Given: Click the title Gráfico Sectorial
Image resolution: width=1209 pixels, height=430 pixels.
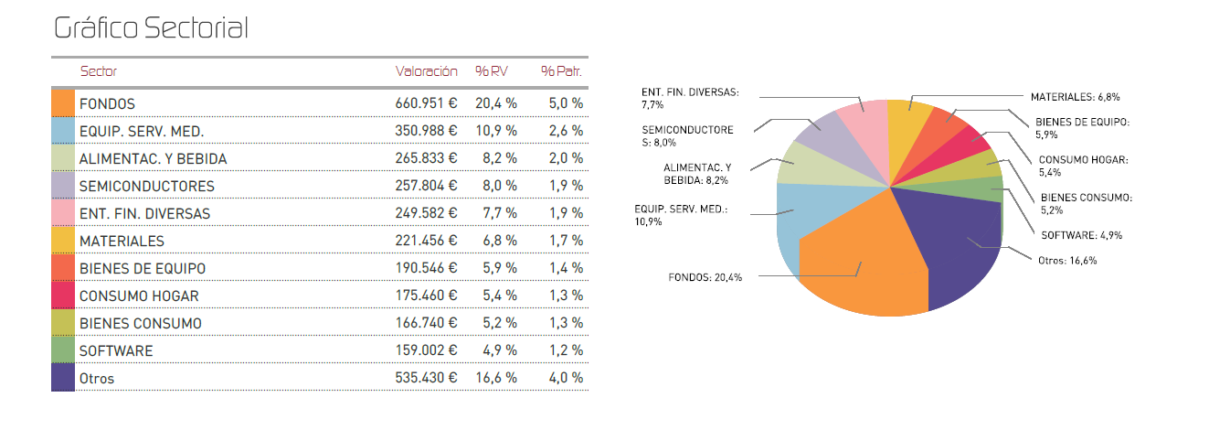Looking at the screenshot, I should (x=151, y=28).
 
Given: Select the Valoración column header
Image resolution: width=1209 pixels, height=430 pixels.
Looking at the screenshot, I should (x=426, y=71).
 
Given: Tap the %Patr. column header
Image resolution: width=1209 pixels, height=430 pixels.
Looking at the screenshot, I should (x=561, y=71).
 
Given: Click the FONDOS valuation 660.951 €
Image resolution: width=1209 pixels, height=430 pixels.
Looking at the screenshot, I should (x=426, y=103).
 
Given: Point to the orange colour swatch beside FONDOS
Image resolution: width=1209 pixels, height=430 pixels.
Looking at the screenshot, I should (x=62, y=103).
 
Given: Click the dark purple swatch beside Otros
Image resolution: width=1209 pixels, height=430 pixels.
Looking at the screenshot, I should (x=62, y=378).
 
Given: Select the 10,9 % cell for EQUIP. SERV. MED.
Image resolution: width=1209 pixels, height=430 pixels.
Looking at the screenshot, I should (x=496, y=131).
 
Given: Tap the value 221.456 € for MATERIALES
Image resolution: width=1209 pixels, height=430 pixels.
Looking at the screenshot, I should (x=426, y=241).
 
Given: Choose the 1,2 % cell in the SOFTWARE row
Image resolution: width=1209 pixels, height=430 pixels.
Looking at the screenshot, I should (x=567, y=350).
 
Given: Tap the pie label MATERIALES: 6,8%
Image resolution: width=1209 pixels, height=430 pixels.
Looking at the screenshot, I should (x=1075, y=96).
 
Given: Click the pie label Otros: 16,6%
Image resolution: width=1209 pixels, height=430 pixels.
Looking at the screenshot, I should (x=1066, y=260).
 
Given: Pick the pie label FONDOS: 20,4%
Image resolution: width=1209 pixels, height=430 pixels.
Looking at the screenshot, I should (x=705, y=276).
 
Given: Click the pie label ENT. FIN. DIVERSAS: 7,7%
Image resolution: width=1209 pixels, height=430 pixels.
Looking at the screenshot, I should (x=690, y=98).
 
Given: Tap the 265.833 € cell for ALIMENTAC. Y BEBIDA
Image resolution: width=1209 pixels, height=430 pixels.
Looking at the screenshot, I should (x=426, y=158).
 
